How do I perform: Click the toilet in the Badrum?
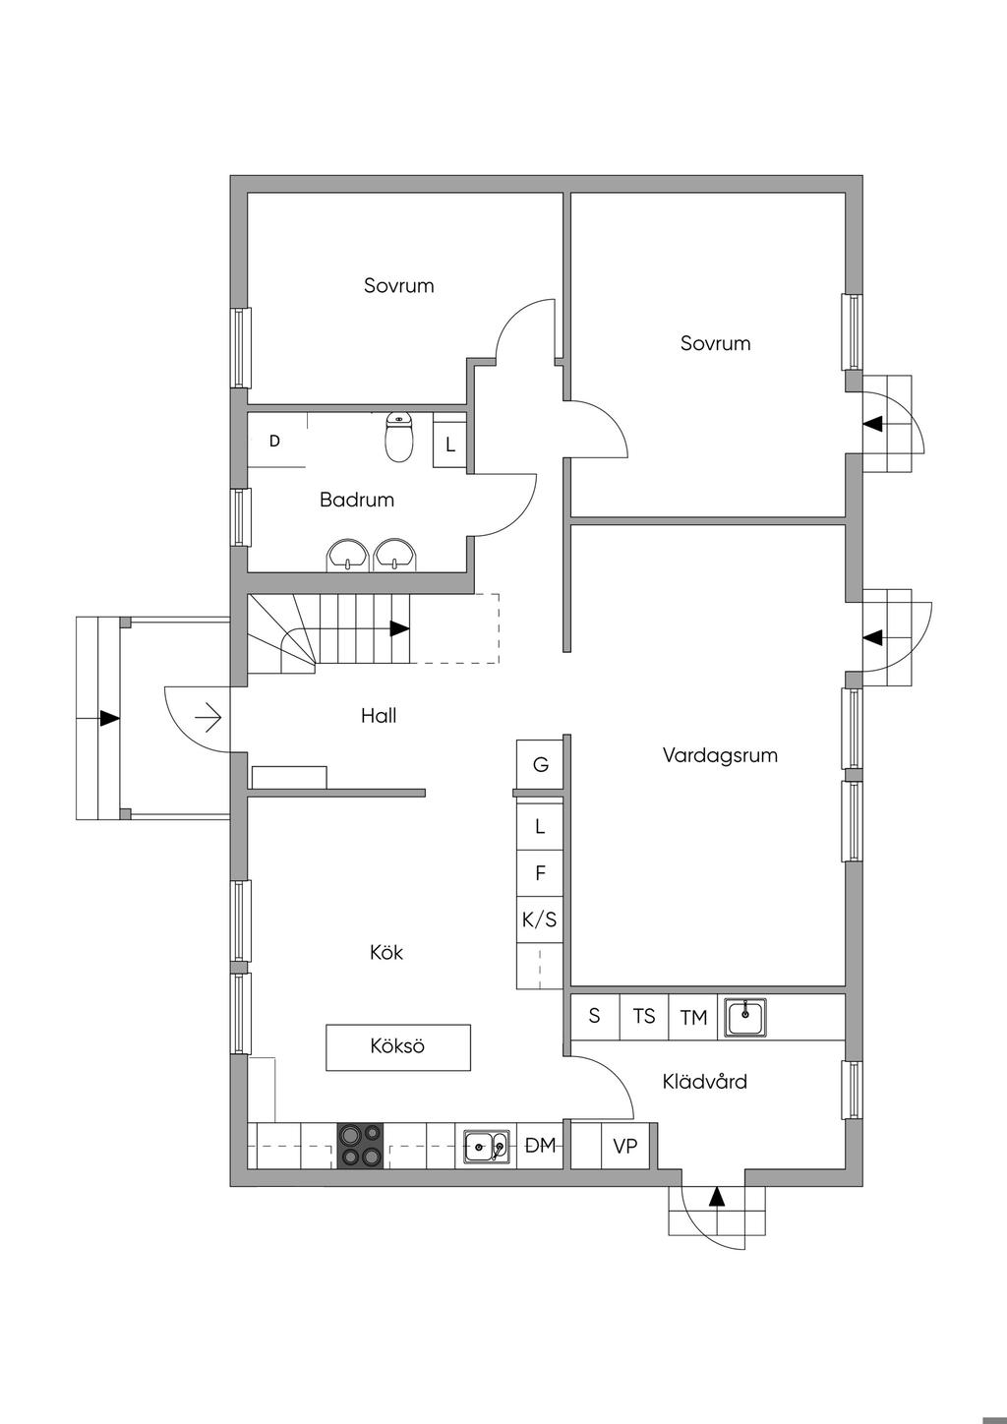(398, 438)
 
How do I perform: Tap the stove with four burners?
(360, 1146)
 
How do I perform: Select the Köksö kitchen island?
(398, 1046)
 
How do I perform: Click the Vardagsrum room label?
(720, 755)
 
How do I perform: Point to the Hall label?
(379, 716)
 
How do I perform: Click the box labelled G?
(540, 764)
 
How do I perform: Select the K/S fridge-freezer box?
(540, 920)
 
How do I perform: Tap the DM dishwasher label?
(541, 1146)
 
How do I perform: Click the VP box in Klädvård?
(625, 1146)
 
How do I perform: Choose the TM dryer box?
(693, 1017)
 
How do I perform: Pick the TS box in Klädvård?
(644, 1016)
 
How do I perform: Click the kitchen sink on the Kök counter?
(487, 1146)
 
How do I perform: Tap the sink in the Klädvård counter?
(745, 1017)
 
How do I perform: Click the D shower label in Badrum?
(274, 442)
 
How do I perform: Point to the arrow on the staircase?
(399, 628)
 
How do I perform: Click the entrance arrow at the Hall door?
(208, 719)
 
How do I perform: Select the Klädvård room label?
(704, 1082)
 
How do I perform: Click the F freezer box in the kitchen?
(540, 873)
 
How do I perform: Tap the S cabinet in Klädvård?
(594, 1016)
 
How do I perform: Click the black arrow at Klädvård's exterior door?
(717, 1197)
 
